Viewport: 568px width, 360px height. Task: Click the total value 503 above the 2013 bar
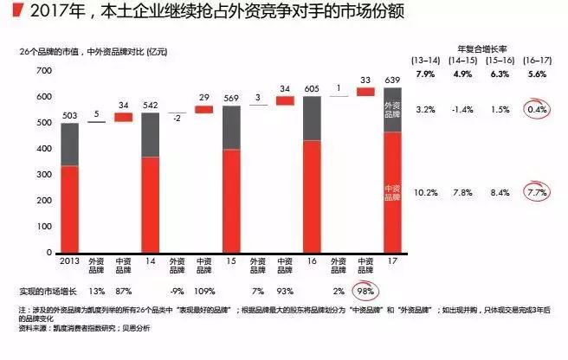point(69,115)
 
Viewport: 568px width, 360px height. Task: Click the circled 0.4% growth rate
point(536,111)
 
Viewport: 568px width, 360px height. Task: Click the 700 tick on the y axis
point(44,70)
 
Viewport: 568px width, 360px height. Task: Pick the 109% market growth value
point(204,290)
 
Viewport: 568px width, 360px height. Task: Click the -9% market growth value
point(177,290)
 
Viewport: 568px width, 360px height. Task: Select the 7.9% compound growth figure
point(424,74)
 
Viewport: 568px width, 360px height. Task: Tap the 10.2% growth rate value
point(424,192)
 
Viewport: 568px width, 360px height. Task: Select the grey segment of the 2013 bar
point(69,144)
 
